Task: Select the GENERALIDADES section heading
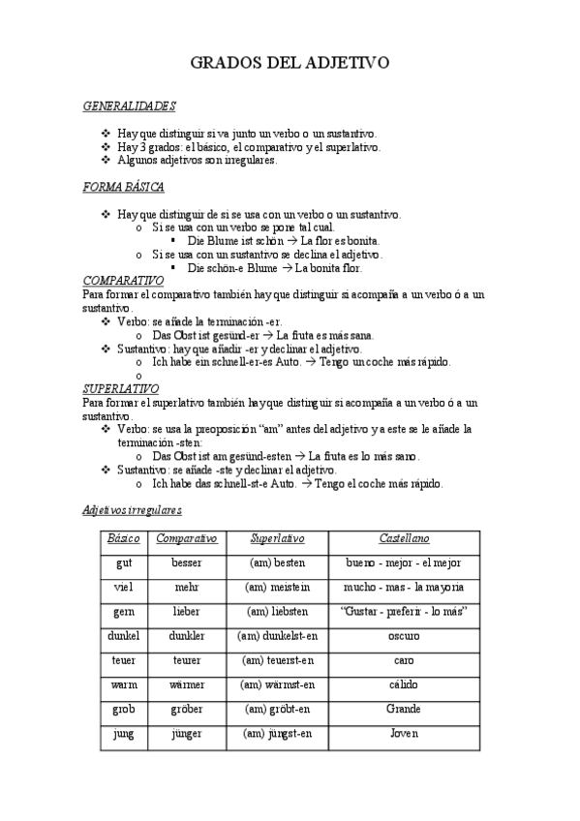129,106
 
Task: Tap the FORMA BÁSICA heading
123,187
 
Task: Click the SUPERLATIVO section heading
121,388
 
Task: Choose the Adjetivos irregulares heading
132,509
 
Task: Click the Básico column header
124,538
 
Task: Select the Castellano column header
404,538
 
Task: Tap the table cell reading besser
186,563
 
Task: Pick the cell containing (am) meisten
277,588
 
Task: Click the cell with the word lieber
186,612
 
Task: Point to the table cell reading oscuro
404,636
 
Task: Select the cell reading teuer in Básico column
124,660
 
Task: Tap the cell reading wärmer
186,685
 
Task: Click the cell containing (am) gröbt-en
277,710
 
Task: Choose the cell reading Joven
404,734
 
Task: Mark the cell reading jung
124,734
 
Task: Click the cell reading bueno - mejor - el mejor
404,563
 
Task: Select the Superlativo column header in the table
277,538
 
